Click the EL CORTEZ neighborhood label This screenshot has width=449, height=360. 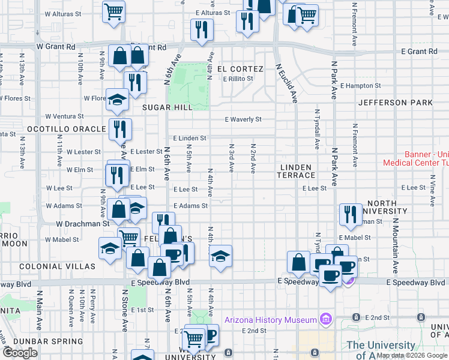240,69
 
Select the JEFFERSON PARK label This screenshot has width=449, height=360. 395,103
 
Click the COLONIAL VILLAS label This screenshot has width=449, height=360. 57,266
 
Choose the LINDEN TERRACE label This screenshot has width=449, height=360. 296,170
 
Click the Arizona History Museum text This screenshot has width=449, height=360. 271,319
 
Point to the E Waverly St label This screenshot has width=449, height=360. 243,119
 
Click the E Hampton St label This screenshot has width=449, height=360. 360,86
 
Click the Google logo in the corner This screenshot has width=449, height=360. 20,353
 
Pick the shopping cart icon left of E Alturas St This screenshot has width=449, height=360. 113,11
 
